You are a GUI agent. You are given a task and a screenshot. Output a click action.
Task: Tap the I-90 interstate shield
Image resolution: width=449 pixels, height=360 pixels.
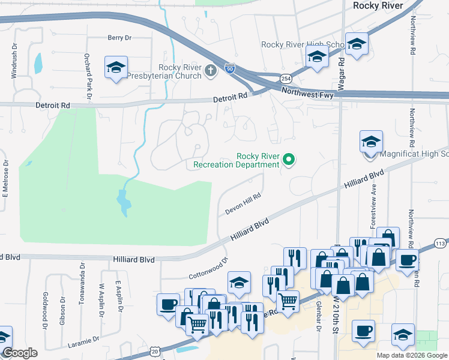[230, 68]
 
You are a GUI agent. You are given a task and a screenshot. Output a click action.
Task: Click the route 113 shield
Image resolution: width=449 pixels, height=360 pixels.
[440, 244]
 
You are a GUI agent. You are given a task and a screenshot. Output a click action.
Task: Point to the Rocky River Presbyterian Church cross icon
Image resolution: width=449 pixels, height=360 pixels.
[210, 71]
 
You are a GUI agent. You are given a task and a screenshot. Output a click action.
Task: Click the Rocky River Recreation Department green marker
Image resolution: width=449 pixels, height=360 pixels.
[289, 160]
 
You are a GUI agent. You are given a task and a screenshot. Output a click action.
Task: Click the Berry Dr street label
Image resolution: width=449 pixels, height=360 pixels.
[119, 38]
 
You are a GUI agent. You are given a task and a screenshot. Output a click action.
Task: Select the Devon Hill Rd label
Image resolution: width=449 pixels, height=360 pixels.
[243, 203]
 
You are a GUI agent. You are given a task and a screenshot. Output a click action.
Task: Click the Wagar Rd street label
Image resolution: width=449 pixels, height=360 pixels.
[341, 67]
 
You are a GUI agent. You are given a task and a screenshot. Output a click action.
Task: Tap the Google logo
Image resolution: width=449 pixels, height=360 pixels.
[19, 353]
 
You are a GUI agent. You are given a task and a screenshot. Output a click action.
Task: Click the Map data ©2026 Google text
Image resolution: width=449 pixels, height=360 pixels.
[411, 355]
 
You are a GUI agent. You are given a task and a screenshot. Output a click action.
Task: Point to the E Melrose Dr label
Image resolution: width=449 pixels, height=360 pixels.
[5, 178]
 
